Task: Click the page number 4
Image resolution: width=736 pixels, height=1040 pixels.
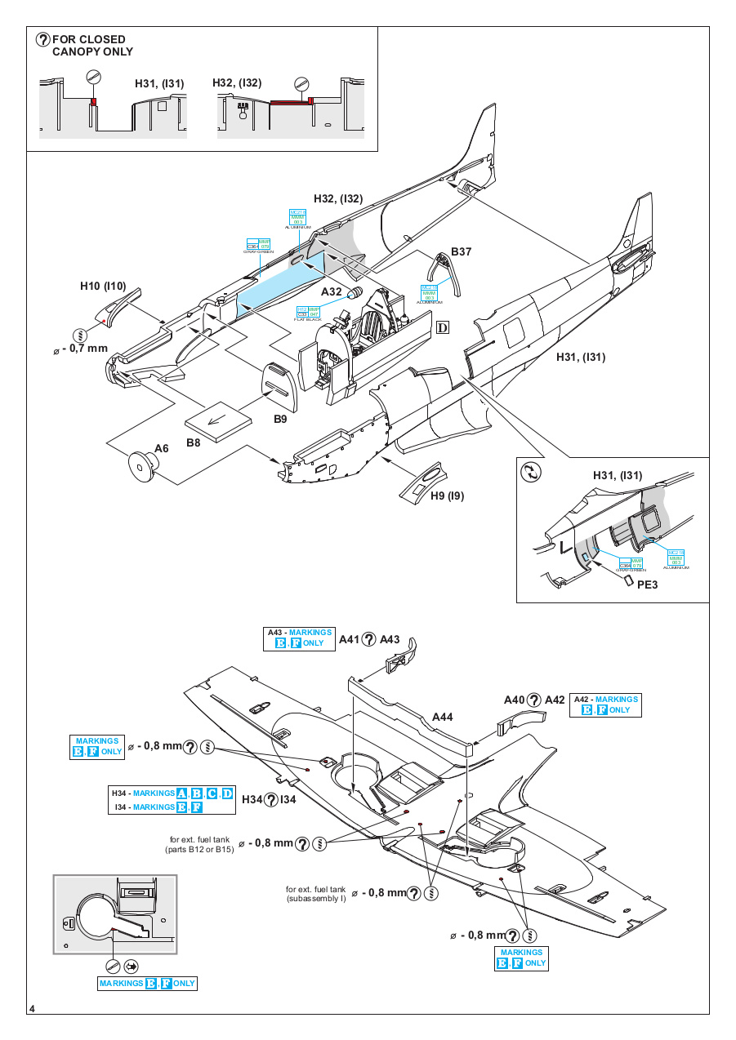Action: click(31, 1009)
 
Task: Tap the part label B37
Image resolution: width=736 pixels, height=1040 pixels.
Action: click(462, 251)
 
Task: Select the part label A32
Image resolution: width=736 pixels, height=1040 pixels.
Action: click(332, 291)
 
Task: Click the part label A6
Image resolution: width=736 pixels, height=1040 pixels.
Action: click(162, 448)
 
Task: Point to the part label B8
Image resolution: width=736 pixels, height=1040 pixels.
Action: click(194, 443)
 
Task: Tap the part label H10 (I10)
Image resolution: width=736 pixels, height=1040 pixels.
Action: click(103, 286)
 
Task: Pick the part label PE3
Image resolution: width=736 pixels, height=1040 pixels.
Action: click(648, 584)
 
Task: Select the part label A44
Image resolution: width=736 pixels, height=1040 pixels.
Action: click(442, 717)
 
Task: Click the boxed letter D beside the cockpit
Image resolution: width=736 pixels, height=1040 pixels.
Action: click(443, 328)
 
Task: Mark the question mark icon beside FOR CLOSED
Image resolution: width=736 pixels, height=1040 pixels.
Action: click(43, 39)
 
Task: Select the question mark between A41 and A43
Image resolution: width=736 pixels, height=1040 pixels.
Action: click(369, 639)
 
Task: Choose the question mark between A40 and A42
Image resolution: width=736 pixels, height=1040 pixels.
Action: click(534, 700)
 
